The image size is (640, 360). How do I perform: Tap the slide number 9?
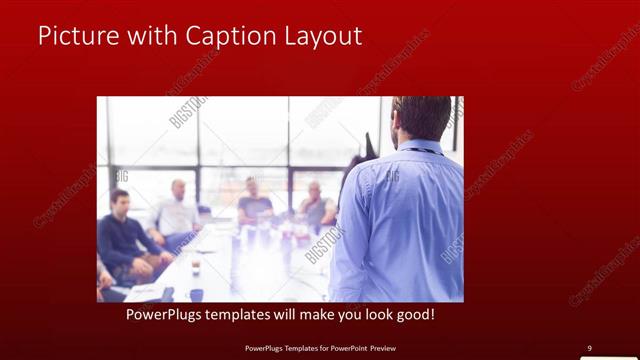click(x=589, y=348)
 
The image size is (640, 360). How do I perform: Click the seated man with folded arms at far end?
click(x=315, y=202)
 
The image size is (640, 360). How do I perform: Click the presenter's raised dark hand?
click(x=370, y=145)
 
